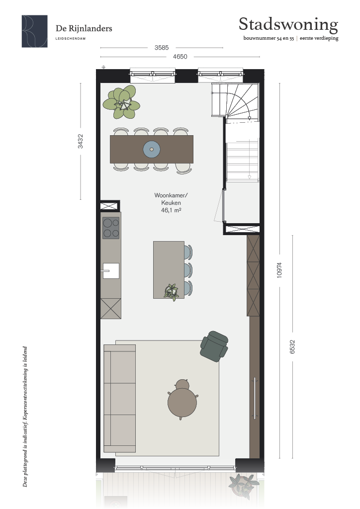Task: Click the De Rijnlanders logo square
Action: tap(35, 31)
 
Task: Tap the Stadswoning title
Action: tap(288, 25)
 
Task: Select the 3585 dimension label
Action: tap(161, 48)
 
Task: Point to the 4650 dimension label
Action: tap(180, 57)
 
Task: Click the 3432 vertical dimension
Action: tap(80, 141)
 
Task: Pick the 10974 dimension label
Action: tap(279, 270)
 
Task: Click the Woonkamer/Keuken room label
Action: tap(171, 199)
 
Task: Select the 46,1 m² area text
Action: tap(171, 210)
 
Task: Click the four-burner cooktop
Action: tap(111, 228)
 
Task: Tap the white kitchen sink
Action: tap(111, 271)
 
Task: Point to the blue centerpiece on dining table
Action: tap(152, 149)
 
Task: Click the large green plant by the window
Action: tap(121, 102)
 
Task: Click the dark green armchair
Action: tap(214, 345)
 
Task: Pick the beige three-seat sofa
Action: tap(119, 399)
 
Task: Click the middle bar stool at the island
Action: tap(188, 270)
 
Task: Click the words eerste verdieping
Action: tap(319, 38)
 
